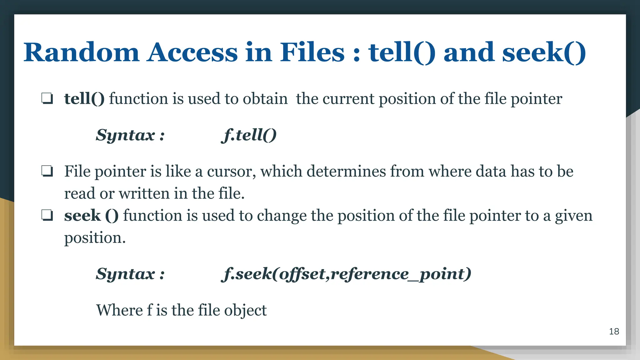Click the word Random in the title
[x=81, y=52]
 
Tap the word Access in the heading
[x=192, y=52]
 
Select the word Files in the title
[x=312, y=52]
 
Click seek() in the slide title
[x=544, y=52]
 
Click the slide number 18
[x=614, y=332]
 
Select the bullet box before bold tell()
[x=47, y=99]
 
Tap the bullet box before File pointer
[x=47, y=171]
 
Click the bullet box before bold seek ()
[x=47, y=215]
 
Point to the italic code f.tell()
[x=249, y=135]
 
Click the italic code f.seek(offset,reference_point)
[x=346, y=274]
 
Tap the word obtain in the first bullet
[x=265, y=99]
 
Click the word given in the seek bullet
[x=573, y=216]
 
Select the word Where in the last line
[x=119, y=310]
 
